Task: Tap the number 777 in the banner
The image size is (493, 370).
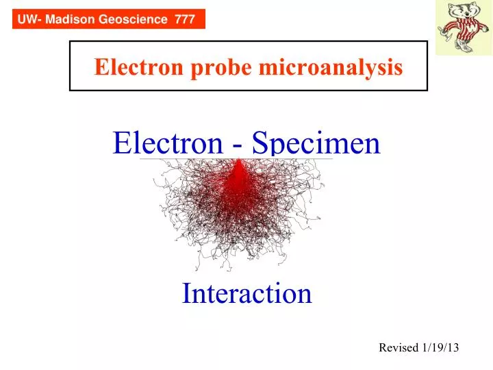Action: tap(185, 20)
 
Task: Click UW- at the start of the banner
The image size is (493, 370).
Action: tap(27, 20)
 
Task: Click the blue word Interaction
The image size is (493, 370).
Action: tap(246, 293)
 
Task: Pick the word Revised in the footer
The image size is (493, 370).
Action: tap(398, 347)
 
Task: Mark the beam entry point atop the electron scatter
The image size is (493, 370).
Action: tap(238, 160)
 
